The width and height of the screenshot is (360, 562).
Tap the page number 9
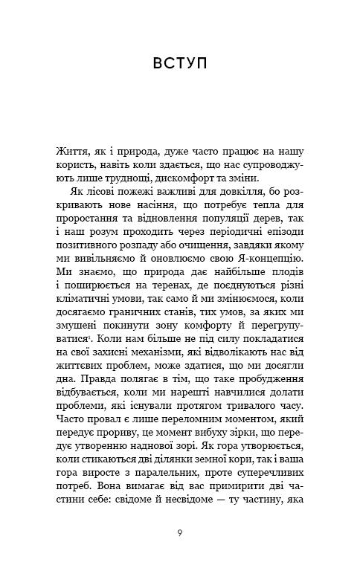pyautogui.click(x=179, y=532)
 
